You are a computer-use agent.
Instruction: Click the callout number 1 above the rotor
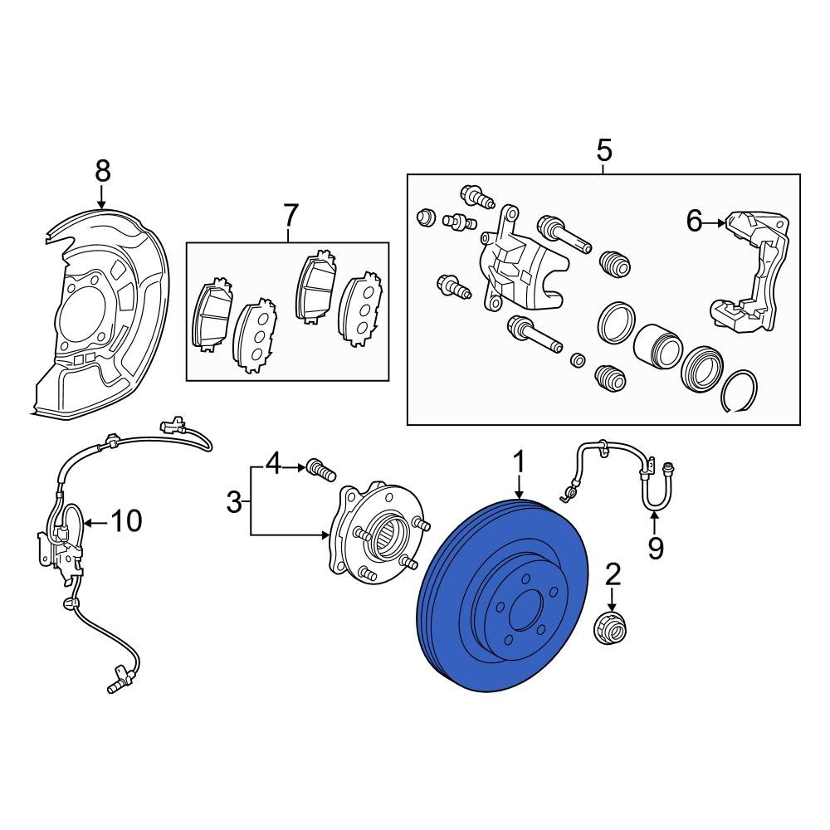(520, 462)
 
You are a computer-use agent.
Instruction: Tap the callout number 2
(613, 574)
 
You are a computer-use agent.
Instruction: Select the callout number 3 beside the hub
(235, 501)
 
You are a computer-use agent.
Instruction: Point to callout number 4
(273, 464)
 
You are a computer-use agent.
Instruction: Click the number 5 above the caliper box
(603, 151)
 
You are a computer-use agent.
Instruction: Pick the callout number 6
(694, 221)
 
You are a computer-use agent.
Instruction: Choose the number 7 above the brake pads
(290, 215)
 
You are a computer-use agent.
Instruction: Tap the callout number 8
(102, 171)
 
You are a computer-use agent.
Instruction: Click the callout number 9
(656, 548)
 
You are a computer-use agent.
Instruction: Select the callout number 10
(126, 521)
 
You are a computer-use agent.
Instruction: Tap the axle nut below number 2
(613, 628)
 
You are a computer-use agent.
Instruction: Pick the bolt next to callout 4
(320, 469)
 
